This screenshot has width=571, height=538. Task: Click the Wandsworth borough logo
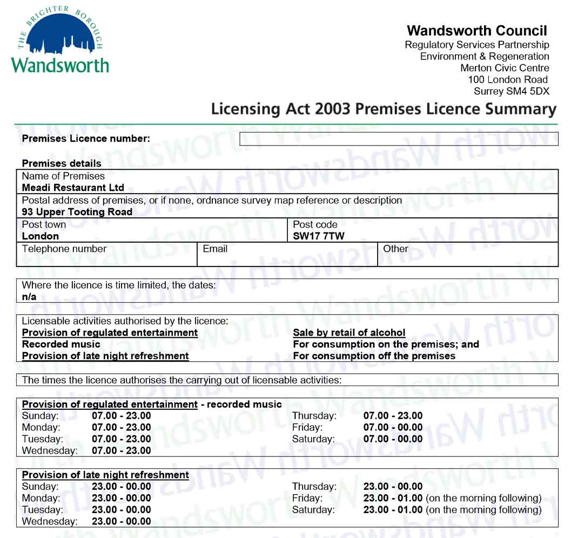click(59, 41)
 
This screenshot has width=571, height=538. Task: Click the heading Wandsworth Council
click(477, 31)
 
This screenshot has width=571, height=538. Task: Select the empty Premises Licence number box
click(398, 139)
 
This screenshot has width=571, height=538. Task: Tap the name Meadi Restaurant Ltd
click(73, 188)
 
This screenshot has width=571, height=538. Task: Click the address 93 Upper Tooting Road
click(77, 212)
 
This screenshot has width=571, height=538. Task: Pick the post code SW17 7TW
click(318, 236)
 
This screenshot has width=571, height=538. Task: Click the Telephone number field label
click(64, 249)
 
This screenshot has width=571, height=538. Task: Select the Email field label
click(215, 249)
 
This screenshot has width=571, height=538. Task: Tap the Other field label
click(395, 249)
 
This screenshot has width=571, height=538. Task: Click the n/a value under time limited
click(29, 297)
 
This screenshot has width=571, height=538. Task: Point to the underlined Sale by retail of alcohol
click(349, 333)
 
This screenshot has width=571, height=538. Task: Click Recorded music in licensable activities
click(61, 344)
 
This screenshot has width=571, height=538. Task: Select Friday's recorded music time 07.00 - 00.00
click(393, 428)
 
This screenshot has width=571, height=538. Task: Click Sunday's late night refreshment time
click(122, 487)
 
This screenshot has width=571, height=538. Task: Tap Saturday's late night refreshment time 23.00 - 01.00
click(393, 510)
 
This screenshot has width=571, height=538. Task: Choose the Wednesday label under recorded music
click(49, 451)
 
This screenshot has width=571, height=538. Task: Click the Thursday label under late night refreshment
click(314, 487)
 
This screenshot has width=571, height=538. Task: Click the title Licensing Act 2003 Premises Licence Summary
click(384, 109)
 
